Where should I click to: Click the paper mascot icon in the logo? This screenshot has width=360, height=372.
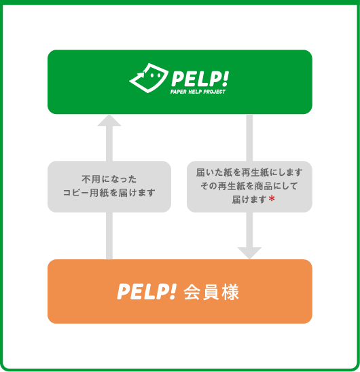pos(149,78)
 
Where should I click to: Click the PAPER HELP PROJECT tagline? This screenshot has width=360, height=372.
pos(198,92)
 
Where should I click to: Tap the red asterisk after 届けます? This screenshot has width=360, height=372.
pos(272,199)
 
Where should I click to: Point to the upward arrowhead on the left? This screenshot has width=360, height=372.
pos(109,121)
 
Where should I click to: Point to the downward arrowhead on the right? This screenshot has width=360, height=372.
pos(249,253)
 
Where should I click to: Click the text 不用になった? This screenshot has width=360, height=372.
pos(109,179)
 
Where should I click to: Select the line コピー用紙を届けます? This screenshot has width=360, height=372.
pos(109,193)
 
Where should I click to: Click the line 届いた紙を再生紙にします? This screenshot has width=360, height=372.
pos(249,172)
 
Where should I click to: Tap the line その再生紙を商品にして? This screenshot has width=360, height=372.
pos(249,186)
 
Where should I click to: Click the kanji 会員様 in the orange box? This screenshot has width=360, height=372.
pos(211,292)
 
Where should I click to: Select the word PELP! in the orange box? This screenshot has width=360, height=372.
pos(147,292)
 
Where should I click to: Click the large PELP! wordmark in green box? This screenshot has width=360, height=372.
pos(200,79)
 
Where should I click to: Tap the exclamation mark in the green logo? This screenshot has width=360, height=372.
pos(226,79)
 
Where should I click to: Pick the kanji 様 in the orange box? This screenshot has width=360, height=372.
pos(230,292)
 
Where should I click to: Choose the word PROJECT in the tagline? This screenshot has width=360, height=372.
pos(215,92)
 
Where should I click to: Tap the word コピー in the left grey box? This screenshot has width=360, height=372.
pos(76,193)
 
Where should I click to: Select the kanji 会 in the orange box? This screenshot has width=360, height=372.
pos(192,292)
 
